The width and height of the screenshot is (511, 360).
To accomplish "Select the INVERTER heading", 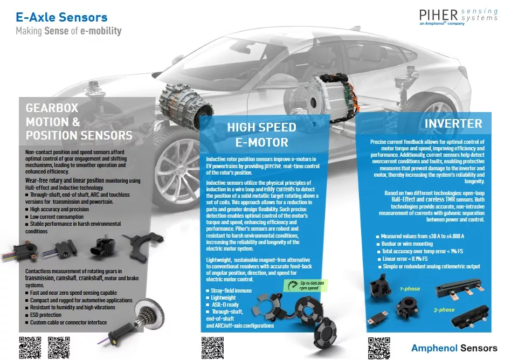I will pyautogui.click(x=453, y=123).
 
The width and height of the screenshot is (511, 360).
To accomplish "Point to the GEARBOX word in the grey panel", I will pyautogui.click(x=52, y=108).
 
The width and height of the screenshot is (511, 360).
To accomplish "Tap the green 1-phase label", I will pyautogui.click(x=410, y=289).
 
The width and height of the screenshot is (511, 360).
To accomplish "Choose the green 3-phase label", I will pyautogui.click(x=444, y=310).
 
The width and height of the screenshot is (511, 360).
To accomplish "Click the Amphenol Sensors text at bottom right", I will pyautogui.click(x=454, y=348).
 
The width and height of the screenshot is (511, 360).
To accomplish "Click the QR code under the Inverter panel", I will pyautogui.click(x=378, y=347).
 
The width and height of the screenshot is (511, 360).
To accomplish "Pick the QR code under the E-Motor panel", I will pyautogui.click(x=212, y=347).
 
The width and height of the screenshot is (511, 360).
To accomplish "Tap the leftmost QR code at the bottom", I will pyautogui.click(x=30, y=347).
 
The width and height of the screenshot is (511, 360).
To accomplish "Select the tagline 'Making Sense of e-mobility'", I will pyautogui.click(x=68, y=31).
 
